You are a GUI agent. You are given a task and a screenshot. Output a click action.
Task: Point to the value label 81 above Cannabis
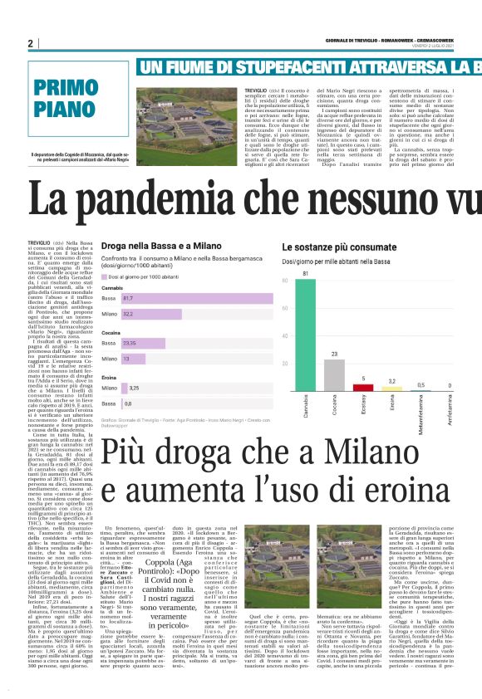pyautogui.click(x=305, y=272)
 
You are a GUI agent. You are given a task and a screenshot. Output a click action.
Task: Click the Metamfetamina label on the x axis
pyautogui.click(x=421, y=411)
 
